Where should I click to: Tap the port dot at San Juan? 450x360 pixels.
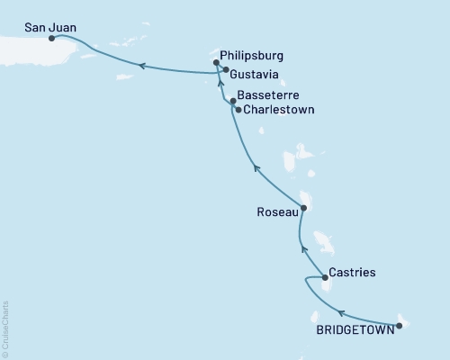coord(51,39)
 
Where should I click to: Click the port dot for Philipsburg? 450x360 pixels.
coord(216,63)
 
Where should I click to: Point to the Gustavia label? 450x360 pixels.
coord(254,70)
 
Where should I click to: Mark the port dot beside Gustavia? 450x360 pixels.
coord(225,70)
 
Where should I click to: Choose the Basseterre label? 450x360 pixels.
coord(270,94)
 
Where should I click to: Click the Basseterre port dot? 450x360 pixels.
coord(233,102)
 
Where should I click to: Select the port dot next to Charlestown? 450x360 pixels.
coord(238,110)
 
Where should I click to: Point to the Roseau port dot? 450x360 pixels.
coord(303,208)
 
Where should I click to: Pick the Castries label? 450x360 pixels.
coord(353,271)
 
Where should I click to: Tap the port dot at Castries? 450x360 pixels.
coord(325,278)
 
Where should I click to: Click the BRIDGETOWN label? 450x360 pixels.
coord(354,330)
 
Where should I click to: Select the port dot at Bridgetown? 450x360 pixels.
coord(399,325)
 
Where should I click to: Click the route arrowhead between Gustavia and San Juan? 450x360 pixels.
coord(141,65)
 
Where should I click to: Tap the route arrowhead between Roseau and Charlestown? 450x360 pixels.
coord(256,167)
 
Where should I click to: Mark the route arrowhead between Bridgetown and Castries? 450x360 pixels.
coord(341,313)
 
